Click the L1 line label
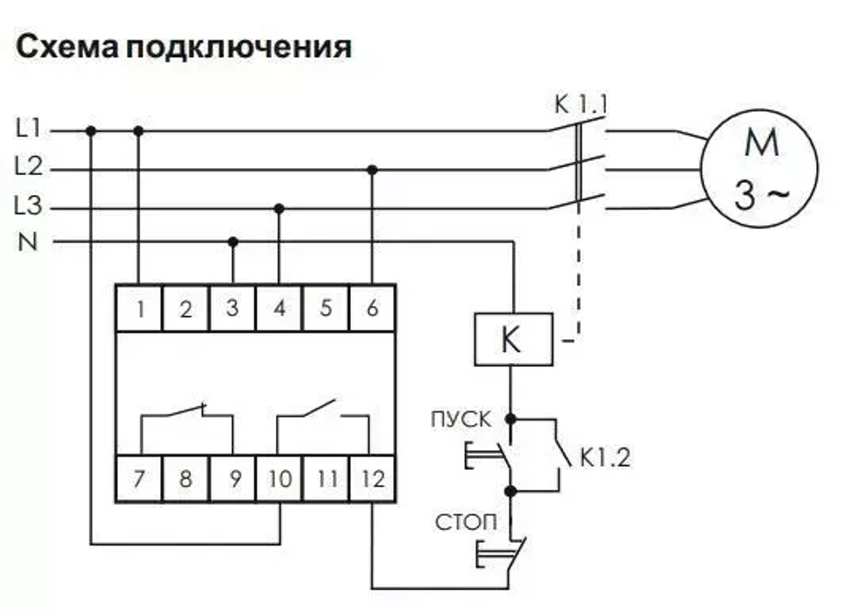[x=28, y=130]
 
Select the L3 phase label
[x=28, y=207]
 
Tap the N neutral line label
[x=28, y=242]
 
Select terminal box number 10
[x=279, y=478]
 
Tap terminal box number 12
[x=372, y=478]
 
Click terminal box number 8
[x=185, y=478]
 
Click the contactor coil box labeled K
[x=513, y=340]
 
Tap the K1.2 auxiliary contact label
[x=604, y=458]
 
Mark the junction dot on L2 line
[x=372, y=170]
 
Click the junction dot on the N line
[x=233, y=242]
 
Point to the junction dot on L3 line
[x=278, y=208]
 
